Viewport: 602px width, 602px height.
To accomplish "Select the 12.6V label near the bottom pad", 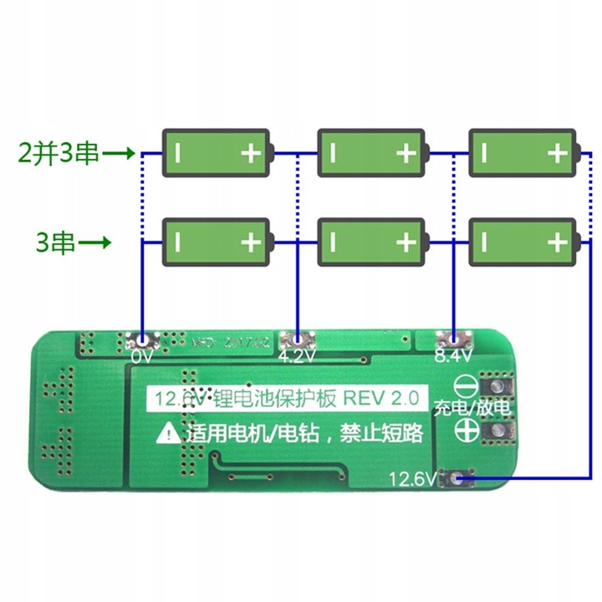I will point(412,479).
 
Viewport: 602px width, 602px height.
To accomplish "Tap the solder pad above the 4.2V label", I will point(298,339).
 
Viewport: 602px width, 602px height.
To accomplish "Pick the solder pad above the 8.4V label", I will point(451,339).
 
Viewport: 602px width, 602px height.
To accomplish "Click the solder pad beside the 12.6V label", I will point(457,478).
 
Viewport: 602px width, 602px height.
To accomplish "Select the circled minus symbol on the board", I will point(466,387).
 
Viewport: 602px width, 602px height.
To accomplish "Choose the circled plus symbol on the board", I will point(466,431).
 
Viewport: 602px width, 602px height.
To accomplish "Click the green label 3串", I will point(56,243).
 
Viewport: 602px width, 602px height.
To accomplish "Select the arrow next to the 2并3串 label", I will point(120,153).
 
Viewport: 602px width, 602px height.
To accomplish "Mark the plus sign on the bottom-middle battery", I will point(406,242).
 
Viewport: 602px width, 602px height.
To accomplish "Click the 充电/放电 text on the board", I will point(470,409).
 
